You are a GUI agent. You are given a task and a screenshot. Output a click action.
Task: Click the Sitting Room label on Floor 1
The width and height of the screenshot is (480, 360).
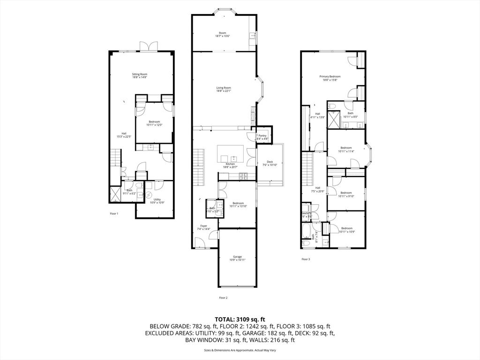[139, 75]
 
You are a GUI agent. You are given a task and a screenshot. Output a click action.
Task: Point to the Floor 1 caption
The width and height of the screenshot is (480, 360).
[114, 214]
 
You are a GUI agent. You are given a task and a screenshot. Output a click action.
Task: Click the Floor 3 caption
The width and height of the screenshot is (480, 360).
[306, 259]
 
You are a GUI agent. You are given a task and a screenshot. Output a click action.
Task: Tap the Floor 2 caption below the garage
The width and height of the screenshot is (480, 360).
[223, 298]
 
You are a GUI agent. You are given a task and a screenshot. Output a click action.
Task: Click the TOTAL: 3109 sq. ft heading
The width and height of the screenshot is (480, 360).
[240, 319]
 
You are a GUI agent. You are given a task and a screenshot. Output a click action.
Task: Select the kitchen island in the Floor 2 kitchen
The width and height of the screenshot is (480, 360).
[230, 153]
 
